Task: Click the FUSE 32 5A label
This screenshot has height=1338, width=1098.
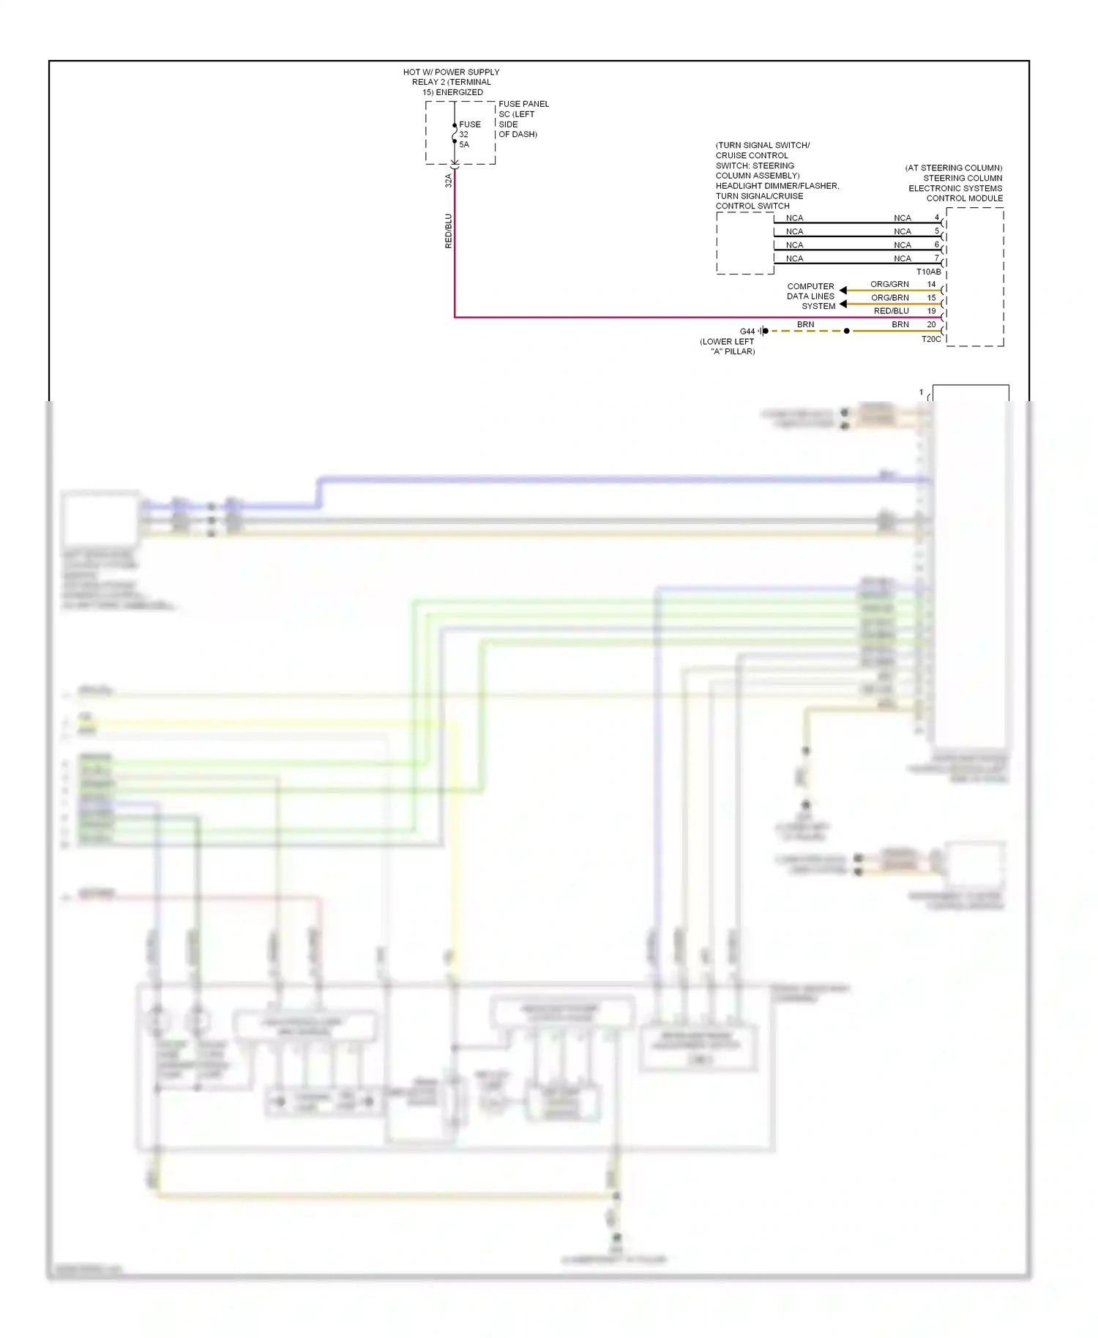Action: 469,135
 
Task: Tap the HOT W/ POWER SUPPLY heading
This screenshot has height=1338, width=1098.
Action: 451,82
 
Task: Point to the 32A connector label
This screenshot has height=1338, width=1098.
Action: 449,180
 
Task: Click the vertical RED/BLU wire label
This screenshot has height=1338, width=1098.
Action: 449,231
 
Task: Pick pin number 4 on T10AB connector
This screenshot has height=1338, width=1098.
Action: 936,217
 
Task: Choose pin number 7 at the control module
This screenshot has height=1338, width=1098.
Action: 936,258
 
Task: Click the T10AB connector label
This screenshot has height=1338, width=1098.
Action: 928,272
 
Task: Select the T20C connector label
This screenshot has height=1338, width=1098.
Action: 931,339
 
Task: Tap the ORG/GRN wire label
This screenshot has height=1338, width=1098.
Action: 889,284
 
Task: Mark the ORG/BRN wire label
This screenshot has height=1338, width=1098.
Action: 889,298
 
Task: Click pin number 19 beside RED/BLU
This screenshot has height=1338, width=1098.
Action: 931,311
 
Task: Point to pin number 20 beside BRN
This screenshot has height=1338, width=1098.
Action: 931,324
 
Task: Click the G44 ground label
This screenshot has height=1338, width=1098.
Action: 747,332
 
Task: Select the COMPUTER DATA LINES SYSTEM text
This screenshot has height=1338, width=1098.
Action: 810,296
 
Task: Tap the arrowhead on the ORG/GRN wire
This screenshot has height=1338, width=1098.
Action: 843,291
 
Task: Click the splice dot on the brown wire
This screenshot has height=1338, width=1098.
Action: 847,331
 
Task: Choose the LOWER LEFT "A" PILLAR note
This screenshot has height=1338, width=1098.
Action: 728,346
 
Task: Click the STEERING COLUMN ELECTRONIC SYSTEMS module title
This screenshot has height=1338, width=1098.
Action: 955,183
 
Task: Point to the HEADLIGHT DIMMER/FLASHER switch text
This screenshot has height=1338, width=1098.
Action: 777,186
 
